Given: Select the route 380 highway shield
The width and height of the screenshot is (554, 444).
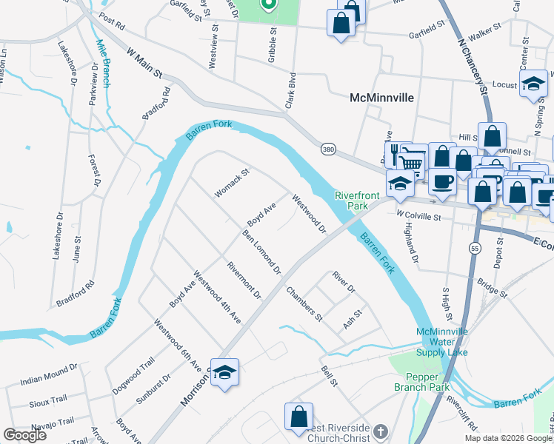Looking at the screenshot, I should coord(328,149).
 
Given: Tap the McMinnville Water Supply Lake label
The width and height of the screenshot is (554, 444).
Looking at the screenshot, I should coord(444,342).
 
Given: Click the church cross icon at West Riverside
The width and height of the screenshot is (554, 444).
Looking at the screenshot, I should coord(380,431).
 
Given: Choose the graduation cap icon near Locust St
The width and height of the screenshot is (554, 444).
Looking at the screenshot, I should coord(533,84).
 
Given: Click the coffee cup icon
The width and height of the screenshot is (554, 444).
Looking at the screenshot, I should coord(442,180).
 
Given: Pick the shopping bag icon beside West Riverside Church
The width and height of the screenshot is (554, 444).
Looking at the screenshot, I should coord(298,415).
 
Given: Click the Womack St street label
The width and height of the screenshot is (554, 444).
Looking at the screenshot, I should coord(233,183).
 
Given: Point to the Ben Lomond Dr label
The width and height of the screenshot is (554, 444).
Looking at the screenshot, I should coord(261,252).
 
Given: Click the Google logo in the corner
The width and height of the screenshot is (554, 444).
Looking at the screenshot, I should coord(24,435).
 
